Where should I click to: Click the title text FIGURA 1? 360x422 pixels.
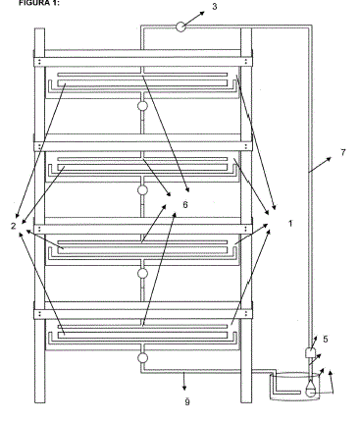(39, 3)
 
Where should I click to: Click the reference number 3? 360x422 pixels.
(215, 7)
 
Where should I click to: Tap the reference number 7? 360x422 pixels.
(342, 152)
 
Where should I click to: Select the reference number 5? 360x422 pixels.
(326, 340)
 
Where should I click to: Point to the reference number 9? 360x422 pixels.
(187, 402)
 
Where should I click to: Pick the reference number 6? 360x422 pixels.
(185, 205)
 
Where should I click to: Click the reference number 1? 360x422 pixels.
(290, 224)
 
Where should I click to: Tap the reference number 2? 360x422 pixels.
(14, 226)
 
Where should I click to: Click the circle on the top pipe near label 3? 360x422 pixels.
(180, 26)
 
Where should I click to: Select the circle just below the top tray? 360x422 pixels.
(142, 106)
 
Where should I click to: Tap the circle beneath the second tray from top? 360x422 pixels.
(142, 189)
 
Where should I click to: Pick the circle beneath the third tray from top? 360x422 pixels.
(142, 273)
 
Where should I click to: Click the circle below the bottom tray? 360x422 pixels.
(142, 357)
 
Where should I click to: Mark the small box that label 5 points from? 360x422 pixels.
(310, 352)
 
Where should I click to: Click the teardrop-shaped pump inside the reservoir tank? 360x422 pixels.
(311, 389)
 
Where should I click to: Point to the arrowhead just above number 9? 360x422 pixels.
(184, 388)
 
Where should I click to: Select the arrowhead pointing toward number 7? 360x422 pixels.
(328, 159)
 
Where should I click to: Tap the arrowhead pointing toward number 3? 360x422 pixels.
(201, 14)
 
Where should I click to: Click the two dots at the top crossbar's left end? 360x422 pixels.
(39, 62)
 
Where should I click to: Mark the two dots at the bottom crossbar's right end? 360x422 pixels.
(246, 314)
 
